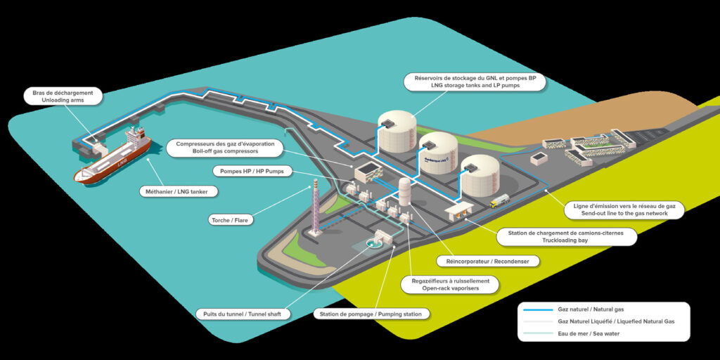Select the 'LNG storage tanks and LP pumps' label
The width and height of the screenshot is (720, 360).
475,81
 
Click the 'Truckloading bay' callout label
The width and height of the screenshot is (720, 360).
566,236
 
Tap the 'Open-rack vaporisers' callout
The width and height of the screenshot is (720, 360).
450,284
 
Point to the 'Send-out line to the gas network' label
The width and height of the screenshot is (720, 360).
623,209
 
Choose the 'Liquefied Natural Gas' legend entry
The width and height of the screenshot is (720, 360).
603,321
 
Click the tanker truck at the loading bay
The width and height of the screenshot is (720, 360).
500,202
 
